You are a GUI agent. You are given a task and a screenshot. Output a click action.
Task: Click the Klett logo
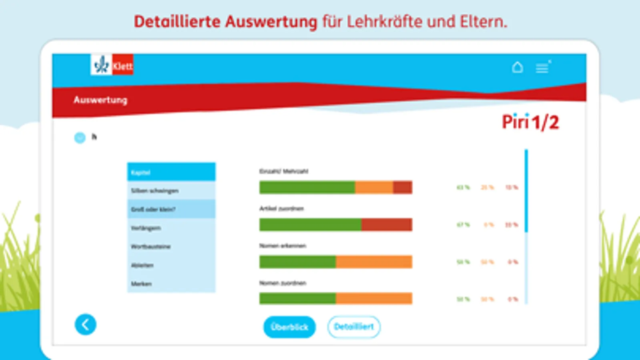tap(112, 65)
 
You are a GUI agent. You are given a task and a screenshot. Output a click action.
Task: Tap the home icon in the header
tap(518, 67)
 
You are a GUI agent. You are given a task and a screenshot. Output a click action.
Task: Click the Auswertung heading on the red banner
tap(100, 100)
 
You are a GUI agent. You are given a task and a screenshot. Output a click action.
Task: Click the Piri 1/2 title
tap(530, 122)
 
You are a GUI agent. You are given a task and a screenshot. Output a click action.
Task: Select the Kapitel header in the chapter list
tap(171, 172)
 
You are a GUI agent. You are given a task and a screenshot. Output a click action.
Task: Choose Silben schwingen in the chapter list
tap(171, 191)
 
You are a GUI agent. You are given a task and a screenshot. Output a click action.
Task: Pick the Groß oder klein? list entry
tap(171, 209)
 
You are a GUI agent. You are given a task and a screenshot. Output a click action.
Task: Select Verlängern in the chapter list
tap(171, 228)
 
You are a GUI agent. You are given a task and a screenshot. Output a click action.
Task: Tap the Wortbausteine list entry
tap(171, 246)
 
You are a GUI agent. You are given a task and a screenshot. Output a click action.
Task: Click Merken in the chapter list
tap(171, 284)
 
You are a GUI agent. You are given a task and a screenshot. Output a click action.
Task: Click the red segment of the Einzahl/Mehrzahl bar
tap(403, 187)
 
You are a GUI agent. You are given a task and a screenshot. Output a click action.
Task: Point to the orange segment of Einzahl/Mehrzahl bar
tap(374, 187)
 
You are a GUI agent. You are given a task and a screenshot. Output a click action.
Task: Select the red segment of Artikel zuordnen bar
tap(387, 224)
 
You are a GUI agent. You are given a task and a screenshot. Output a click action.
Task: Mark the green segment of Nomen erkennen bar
tap(297, 262)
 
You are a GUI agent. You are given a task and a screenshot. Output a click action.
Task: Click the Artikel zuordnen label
tap(281, 208)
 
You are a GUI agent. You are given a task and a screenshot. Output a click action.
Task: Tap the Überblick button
tap(289, 327)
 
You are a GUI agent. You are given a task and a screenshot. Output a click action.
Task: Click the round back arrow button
tap(85, 324)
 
